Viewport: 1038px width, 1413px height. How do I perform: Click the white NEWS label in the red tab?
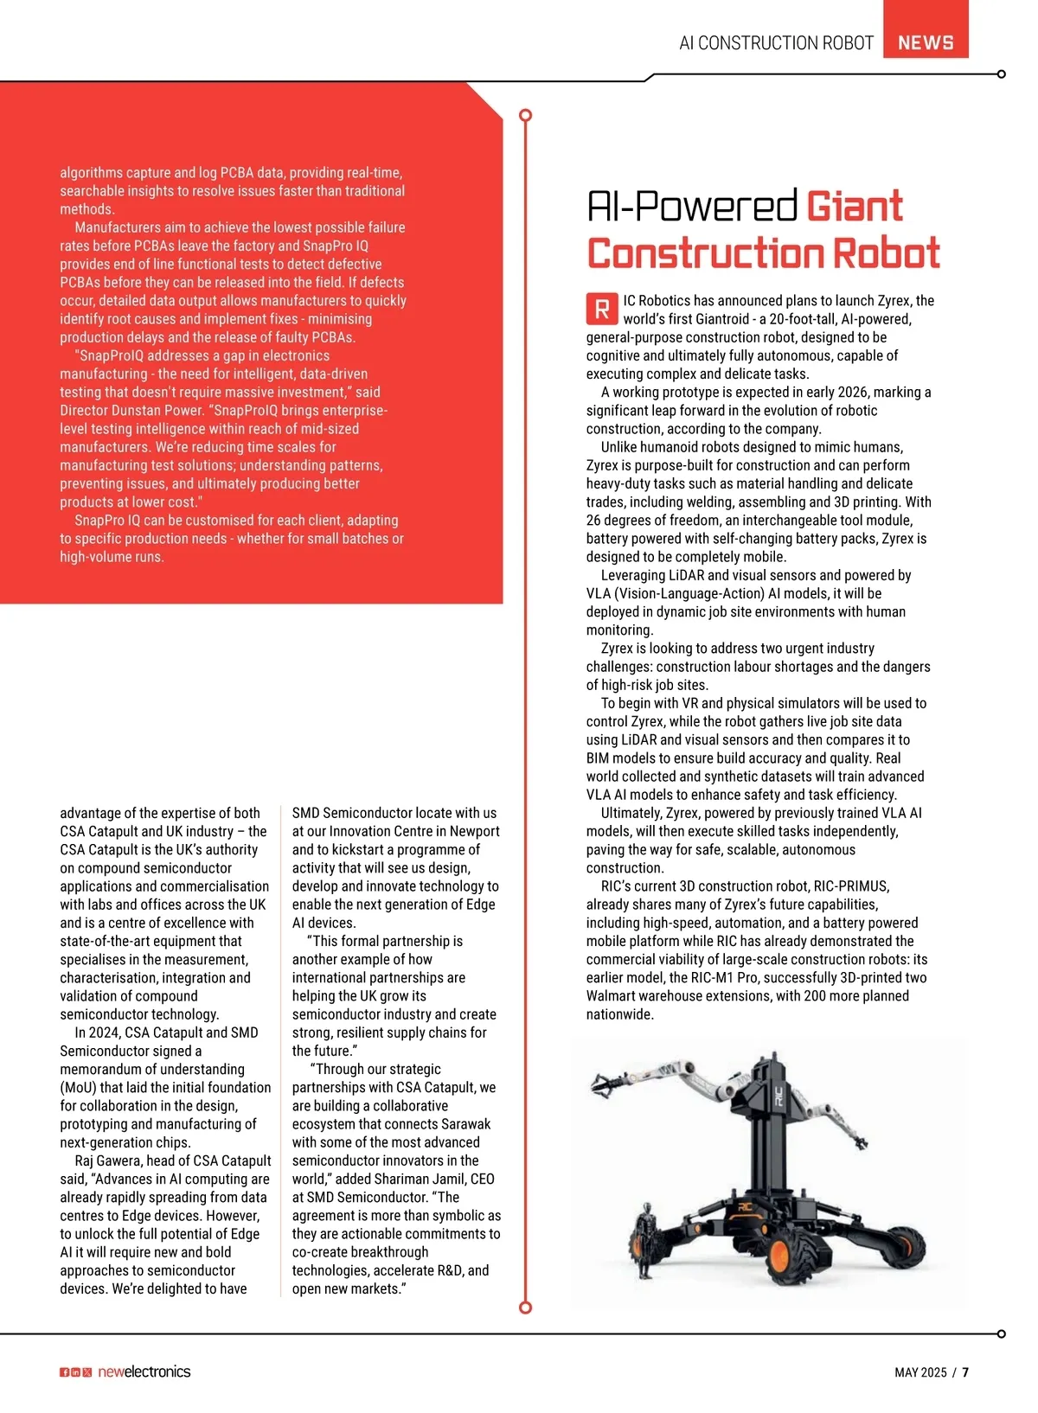coord(926,42)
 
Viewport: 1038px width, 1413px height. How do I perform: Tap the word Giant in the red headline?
coord(854,207)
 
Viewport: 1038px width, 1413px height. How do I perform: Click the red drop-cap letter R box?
coord(602,309)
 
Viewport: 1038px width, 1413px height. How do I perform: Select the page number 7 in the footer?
coord(965,1372)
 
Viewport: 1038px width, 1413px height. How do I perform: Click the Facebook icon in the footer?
coord(65,1372)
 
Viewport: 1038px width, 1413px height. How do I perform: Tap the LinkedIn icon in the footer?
coord(75,1372)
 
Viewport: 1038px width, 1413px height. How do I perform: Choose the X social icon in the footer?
coord(86,1372)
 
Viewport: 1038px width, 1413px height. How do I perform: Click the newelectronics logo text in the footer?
coord(144,1371)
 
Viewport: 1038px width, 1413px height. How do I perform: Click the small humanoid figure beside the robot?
coord(644,1239)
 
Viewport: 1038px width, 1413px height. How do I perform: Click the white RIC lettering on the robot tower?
coord(778,1096)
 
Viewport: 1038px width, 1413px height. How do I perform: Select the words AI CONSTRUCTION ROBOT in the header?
coord(776,43)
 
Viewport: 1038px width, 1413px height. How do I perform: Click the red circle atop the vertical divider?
coord(525,115)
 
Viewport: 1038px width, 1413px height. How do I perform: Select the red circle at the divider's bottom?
coord(525,1308)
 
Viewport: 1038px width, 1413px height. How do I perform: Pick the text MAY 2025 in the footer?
coord(920,1372)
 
